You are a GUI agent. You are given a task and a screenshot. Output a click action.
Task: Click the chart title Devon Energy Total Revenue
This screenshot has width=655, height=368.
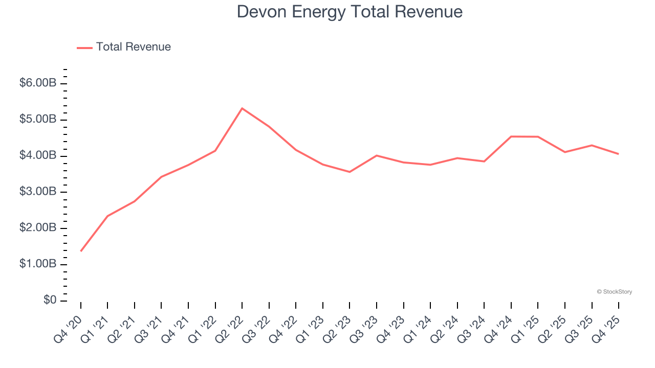point(350,12)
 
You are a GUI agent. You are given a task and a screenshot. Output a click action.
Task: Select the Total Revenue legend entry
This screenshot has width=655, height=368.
point(133,47)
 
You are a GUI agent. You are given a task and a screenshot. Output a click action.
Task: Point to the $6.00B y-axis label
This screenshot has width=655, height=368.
point(37,83)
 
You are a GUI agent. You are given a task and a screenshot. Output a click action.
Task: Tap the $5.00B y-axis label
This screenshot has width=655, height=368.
point(37,120)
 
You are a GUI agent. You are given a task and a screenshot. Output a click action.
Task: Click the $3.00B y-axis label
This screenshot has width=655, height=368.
point(37,192)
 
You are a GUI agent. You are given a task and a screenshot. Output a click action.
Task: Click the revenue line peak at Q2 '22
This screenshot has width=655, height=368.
point(242,108)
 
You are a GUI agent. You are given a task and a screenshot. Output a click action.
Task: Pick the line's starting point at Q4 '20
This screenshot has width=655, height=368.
point(81,251)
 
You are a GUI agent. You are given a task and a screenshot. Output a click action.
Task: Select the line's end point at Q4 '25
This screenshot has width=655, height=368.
point(618,154)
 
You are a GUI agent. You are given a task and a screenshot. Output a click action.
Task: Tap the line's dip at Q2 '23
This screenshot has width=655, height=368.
point(350,172)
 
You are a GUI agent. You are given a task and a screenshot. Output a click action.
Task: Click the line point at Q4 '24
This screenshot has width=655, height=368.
point(511,136)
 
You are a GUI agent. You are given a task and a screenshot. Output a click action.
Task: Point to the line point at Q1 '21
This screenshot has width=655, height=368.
point(107,216)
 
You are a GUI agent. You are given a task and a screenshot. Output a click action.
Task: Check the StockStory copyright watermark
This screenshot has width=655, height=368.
point(614,292)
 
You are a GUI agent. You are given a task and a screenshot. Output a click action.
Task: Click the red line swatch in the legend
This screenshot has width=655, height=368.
point(84,48)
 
